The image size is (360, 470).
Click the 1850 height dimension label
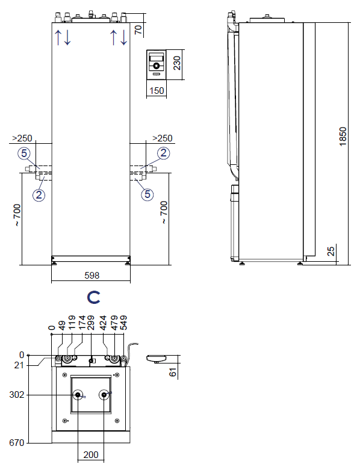(x=343, y=137)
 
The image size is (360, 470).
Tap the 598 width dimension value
(x=92, y=276)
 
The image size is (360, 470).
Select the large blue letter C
(x=93, y=297)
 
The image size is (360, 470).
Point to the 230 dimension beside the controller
(x=177, y=63)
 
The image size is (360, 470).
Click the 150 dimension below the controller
(x=157, y=90)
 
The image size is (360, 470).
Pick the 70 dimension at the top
(x=138, y=29)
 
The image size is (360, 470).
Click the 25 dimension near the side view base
(x=331, y=251)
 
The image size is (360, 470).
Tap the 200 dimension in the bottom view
(x=91, y=455)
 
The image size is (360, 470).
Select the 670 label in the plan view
(x=16, y=443)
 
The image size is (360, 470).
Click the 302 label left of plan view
(x=16, y=395)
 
